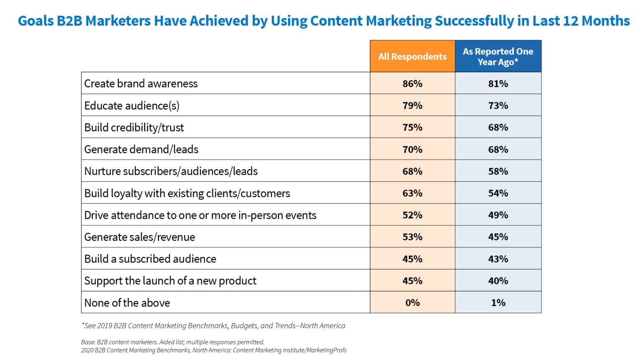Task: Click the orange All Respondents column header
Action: point(412,56)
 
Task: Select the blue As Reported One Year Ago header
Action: point(498,56)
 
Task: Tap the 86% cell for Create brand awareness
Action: point(412,84)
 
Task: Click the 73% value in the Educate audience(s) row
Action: point(498,105)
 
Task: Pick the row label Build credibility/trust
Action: point(134,128)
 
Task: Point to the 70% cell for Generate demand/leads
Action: point(412,149)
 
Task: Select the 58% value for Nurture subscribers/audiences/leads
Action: point(498,171)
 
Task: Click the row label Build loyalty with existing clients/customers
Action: point(187,193)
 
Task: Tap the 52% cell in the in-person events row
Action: point(412,215)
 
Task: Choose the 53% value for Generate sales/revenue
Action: point(412,237)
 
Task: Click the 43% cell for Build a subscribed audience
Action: point(498,259)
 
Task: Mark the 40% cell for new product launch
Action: point(498,281)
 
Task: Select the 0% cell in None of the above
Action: point(412,303)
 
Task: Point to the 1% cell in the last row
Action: point(498,303)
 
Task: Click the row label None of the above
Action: point(127,303)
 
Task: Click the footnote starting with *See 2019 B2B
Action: point(213,326)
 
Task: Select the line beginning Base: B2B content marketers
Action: point(173,342)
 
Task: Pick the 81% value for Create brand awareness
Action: point(498,84)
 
